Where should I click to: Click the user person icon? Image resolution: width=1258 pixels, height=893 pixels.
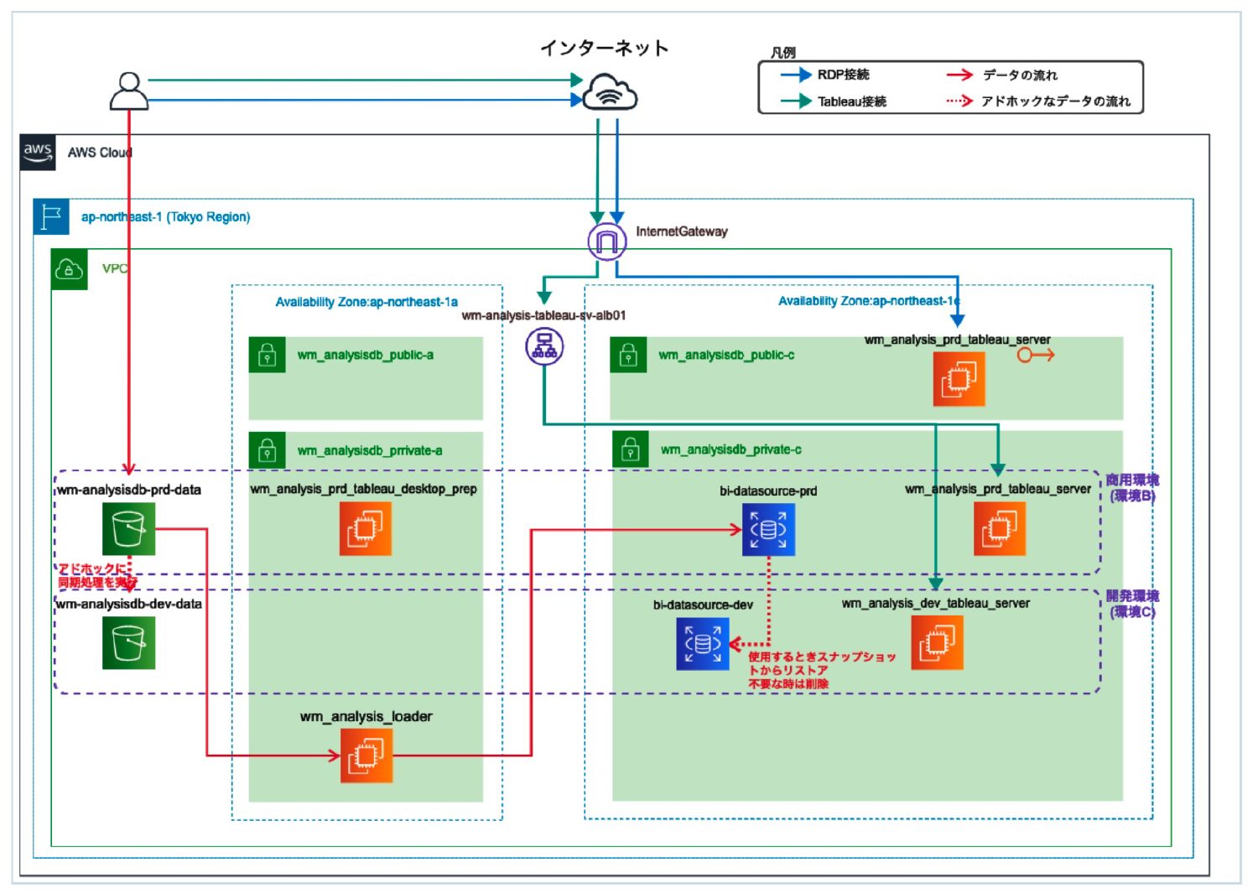coord(128,91)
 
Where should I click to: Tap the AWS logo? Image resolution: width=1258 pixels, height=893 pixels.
coord(38,153)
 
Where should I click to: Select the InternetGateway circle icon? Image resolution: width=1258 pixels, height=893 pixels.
coord(606,242)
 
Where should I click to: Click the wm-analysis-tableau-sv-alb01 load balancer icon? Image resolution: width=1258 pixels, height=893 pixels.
coord(544,345)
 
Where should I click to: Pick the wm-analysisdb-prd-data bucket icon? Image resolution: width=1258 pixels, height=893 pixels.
coord(128,529)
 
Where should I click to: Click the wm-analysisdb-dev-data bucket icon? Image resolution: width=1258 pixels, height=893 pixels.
coord(128,643)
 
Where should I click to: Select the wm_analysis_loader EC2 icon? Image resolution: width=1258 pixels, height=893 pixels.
coord(366,755)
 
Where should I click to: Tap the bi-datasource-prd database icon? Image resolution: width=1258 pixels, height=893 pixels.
coord(768,529)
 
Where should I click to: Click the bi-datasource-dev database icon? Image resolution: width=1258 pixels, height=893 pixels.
coord(703,644)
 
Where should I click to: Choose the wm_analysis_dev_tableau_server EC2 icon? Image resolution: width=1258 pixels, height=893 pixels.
coord(937,643)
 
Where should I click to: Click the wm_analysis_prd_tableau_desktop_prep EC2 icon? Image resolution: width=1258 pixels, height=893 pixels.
coord(365,529)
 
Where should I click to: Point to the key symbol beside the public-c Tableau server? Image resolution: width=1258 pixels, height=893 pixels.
coord(1035,356)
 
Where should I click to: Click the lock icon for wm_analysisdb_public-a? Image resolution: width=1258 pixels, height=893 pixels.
coord(268,356)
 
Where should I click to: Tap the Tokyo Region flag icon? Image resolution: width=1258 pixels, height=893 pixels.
coord(51,216)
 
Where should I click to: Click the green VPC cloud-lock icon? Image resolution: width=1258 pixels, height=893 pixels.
coord(69,269)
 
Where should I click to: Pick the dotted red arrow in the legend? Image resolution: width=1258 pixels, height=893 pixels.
coord(959,101)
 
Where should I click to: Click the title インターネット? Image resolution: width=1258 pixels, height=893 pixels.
coord(604,48)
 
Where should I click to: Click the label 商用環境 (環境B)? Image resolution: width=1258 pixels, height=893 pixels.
coord(1131,487)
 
